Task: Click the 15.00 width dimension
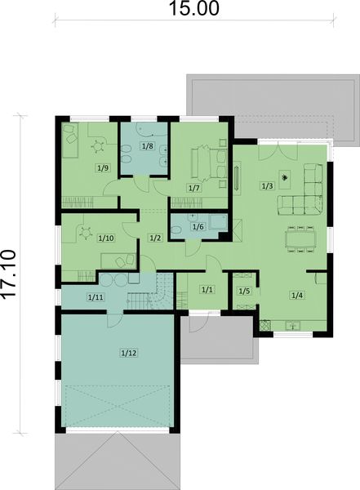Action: (x=195, y=9)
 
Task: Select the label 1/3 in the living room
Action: (x=267, y=186)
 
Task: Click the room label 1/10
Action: (x=105, y=238)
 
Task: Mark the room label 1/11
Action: (x=95, y=296)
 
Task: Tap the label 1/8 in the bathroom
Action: (x=147, y=146)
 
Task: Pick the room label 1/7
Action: (x=193, y=188)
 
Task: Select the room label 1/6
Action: (x=196, y=226)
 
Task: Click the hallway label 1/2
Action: (x=155, y=237)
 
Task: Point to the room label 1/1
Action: (x=207, y=289)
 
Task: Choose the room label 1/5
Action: (x=243, y=291)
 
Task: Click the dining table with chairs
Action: (x=297, y=238)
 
